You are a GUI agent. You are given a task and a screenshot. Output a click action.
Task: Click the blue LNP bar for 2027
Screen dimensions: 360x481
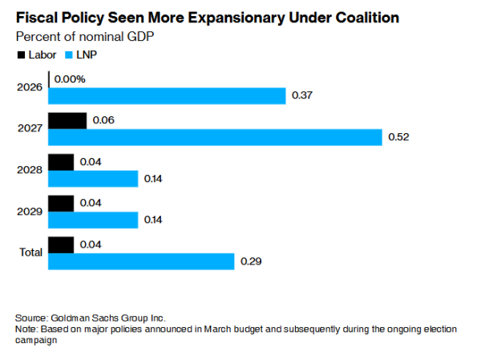pos(215,138)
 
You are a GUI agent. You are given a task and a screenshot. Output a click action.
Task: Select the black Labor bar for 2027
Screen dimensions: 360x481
pos(67,120)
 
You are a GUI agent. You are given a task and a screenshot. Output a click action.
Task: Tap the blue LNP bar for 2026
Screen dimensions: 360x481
pos(167,96)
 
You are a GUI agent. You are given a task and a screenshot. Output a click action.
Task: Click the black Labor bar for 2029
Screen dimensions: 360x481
pos(61,203)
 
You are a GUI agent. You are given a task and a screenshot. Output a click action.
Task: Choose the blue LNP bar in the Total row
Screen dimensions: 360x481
pos(141,261)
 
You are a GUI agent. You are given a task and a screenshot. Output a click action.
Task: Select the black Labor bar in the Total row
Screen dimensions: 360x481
pos(61,244)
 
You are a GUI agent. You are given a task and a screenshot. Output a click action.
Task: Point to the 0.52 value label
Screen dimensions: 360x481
pos(398,138)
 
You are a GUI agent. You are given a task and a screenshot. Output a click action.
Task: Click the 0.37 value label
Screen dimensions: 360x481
pos(302,96)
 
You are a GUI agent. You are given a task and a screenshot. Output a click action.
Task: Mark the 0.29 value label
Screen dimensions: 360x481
pos(251,261)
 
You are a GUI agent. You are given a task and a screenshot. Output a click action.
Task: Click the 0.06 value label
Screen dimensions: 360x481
pos(103,120)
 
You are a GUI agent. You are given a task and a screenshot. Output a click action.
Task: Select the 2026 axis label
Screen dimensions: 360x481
pos(30,87)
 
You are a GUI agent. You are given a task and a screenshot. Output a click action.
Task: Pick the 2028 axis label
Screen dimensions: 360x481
pos(30,170)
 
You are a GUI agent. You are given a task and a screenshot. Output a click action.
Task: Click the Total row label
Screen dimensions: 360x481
pos(30,253)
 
